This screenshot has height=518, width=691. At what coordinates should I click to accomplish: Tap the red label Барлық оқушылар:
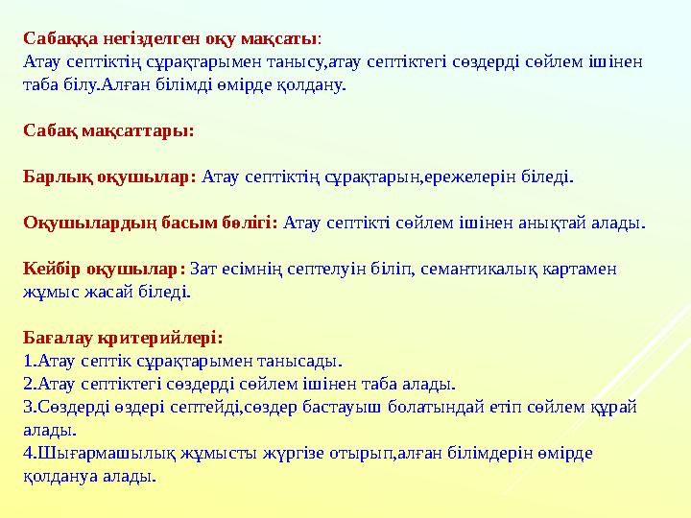[109, 177]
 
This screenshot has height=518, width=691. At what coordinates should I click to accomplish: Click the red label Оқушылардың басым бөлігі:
[151, 223]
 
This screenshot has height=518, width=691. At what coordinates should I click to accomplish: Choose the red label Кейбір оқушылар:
[105, 269]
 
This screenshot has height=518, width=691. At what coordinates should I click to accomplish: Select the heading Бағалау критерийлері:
[123, 338]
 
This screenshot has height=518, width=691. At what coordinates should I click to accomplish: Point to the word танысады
[303, 361]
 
